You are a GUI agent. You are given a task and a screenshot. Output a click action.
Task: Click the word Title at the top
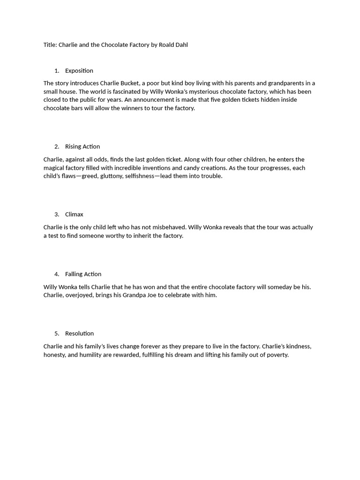[50, 45]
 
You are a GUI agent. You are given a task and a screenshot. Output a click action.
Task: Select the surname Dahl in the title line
[181, 45]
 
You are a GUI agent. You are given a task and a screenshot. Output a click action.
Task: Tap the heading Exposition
[79, 71]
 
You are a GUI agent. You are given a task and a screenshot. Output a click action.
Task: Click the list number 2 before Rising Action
[57, 147]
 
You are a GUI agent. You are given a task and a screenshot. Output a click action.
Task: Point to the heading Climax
[74, 215]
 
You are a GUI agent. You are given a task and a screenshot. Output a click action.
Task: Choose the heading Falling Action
[83, 274]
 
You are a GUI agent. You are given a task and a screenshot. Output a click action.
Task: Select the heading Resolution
[79, 334]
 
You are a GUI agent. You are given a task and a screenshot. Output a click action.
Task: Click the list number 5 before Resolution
[57, 334]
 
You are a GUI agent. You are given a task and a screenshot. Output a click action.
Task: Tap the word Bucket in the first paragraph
[129, 83]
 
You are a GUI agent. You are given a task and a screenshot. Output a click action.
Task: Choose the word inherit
[146, 236]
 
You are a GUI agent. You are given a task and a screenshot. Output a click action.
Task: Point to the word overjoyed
[80, 295]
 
